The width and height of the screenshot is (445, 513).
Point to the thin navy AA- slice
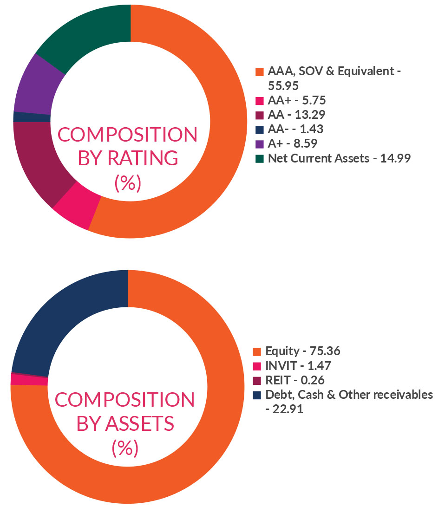[x=32, y=117]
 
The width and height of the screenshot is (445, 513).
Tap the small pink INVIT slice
[x=29, y=380]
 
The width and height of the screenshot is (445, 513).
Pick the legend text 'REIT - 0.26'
[x=295, y=380]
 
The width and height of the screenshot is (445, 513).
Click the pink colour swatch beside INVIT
[x=257, y=366]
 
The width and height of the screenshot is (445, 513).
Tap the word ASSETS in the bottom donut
[x=144, y=423]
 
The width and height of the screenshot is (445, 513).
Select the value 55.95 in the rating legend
[x=285, y=86]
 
